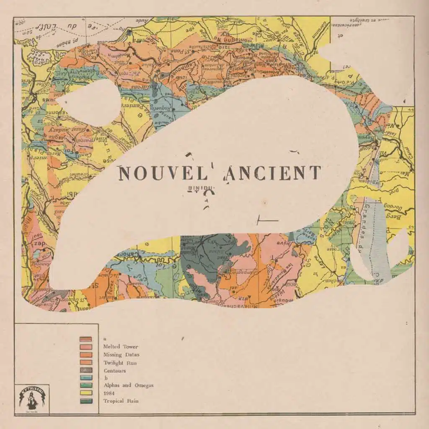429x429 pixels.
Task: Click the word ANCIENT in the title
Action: [273, 173]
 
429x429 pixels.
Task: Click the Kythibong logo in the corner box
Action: [32, 398]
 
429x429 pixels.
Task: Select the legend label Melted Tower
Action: [120, 346]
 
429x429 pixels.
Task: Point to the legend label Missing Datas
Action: [121, 355]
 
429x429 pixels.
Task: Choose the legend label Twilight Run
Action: [120, 363]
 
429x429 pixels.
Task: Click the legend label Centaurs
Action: [114, 371]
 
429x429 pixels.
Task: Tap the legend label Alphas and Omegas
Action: [128, 385]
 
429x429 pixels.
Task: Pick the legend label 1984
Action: [109, 393]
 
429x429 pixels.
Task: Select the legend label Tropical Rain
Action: [121, 401]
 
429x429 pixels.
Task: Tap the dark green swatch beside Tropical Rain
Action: [86, 401]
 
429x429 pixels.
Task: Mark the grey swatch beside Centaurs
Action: [86, 371]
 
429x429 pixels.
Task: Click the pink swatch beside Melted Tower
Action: [86, 347]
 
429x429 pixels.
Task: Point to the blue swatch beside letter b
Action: [86, 378]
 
